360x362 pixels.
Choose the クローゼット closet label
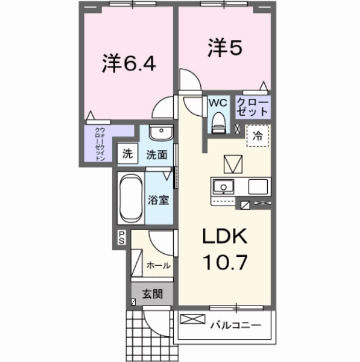[x=253, y=108]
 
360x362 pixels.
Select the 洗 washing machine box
[x=127, y=155]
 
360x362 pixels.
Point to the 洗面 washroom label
[x=157, y=155]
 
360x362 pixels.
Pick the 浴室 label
[x=159, y=199]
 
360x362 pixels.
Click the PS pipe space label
[x=122, y=237]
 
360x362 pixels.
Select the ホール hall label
[x=159, y=266]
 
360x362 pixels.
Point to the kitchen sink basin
[x=223, y=187]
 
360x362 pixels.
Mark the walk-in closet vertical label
[x=100, y=144]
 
